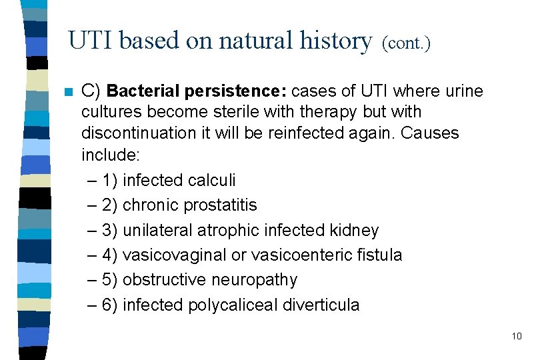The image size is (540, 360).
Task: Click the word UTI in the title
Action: coord(91,41)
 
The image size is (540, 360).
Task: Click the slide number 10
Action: coord(517,336)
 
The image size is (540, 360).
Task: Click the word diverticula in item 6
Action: coord(321,305)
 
